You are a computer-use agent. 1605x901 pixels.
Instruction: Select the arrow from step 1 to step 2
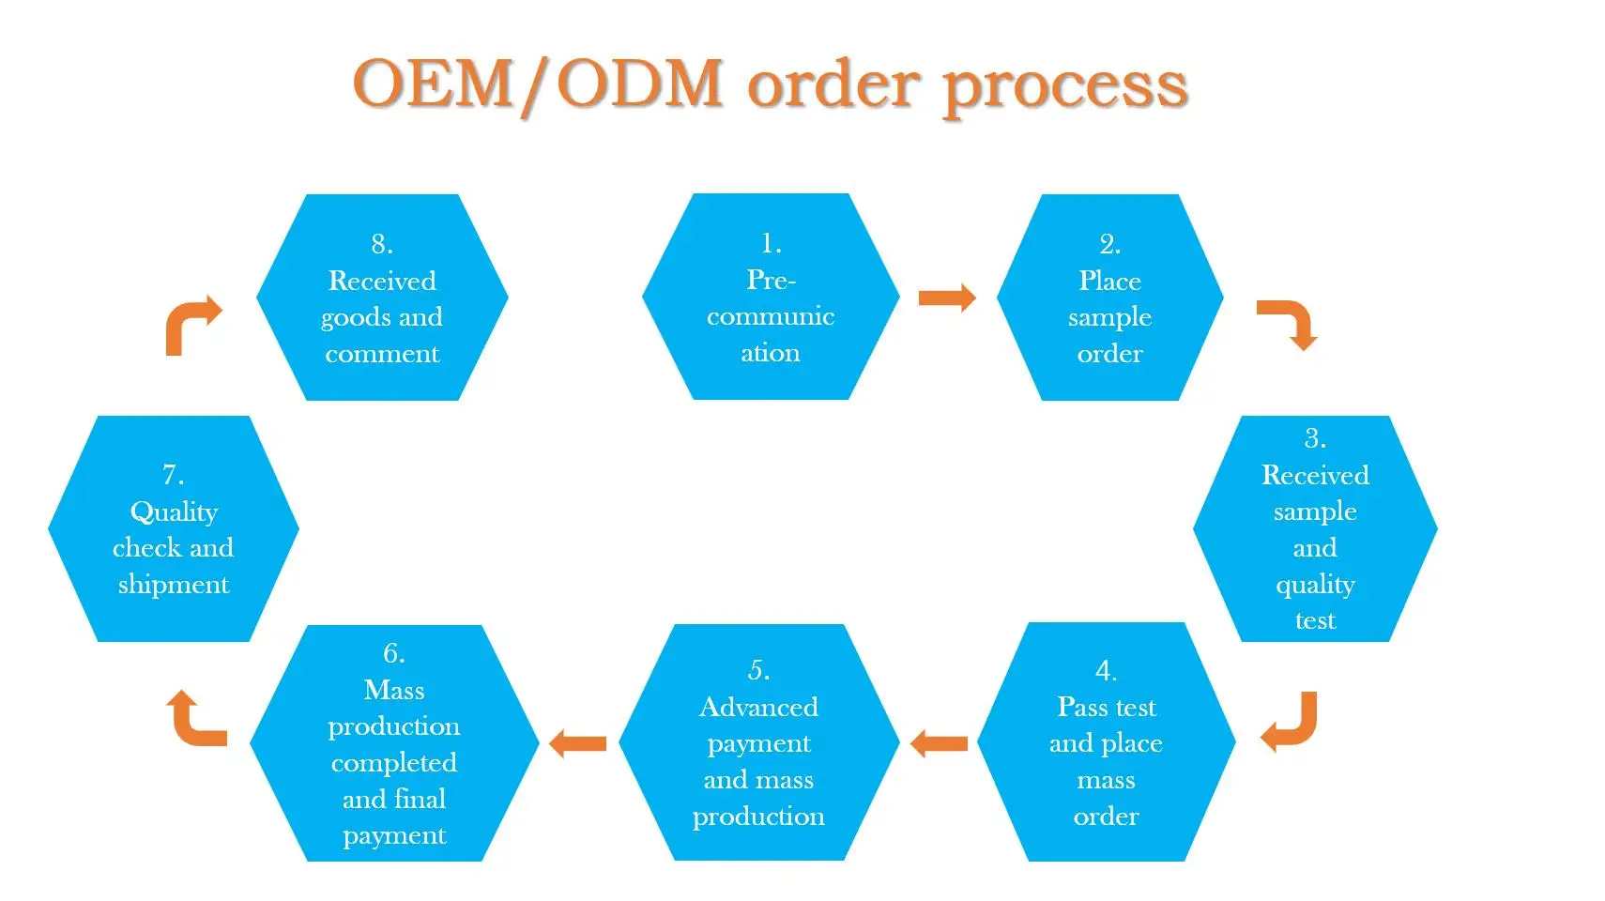pos(946,298)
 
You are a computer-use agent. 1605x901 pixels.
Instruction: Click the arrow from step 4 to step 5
pos(939,744)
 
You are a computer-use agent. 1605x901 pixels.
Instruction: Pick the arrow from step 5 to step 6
pos(577,744)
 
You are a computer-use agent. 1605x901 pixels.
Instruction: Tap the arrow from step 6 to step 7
pos(194,720)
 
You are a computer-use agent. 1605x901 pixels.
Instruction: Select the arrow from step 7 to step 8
pos(191,324)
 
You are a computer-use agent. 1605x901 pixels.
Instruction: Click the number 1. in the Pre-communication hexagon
pos(771,243)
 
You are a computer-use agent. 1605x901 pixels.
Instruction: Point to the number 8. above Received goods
pos(382,244)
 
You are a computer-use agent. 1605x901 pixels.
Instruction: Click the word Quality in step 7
pos(174,512)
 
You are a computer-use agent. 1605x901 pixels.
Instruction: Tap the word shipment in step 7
pos(174,585)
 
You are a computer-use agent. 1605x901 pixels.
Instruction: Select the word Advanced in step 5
pos(758,707)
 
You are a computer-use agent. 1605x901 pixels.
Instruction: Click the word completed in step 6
pos(394,762)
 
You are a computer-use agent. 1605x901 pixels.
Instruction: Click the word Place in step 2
pos(1109,281)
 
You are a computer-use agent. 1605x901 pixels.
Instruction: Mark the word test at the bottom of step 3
pos(1315,621)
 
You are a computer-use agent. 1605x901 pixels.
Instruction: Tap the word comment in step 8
pos(382,354)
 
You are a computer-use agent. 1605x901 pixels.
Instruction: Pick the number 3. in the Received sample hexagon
pos(1315,438)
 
